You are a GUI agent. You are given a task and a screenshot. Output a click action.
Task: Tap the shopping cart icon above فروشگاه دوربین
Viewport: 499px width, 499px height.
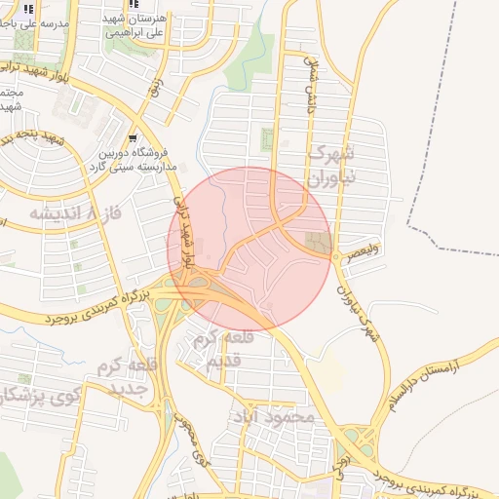tap(133, 138)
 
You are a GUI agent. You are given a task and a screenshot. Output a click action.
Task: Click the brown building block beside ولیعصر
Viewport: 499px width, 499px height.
tap(319, 242)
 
